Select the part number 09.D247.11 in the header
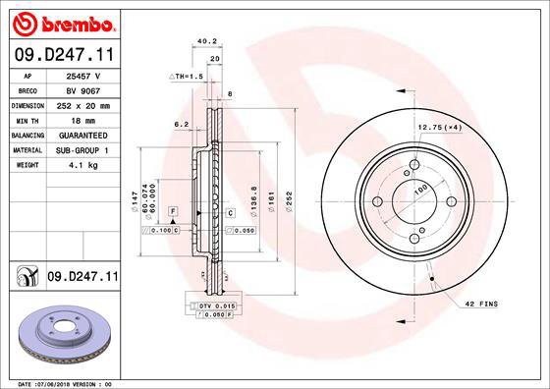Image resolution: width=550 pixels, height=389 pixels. tap(64, 56)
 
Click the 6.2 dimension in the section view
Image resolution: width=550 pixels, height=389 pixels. tap(181, 125)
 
